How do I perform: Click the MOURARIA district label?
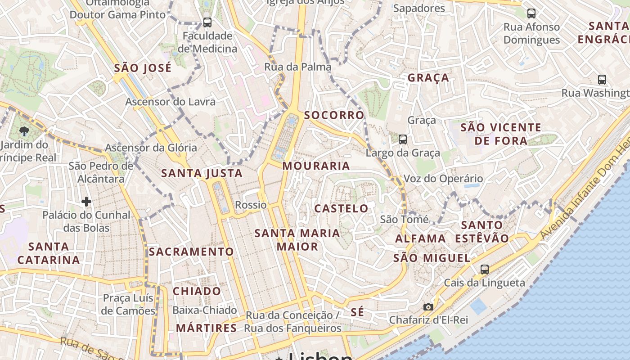click(316, 166)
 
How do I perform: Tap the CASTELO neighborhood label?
click(341, 209)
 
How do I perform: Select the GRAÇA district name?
click(428, 78)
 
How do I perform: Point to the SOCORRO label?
click(334, 115)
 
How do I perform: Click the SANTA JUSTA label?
click(202, 173)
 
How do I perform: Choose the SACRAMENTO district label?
click(191, 252)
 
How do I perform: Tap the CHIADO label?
click(197, 291)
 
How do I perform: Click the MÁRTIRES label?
click(206, 328)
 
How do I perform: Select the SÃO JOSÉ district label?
click(143, 68)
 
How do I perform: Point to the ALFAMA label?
click(421, 239)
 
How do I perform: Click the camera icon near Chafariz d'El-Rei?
click(428, 307)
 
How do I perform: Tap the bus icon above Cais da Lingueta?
click(484, 270)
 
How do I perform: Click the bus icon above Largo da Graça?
click(402, 139)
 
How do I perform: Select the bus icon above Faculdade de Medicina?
click(207, 22)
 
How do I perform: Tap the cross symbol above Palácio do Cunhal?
click(86, 202)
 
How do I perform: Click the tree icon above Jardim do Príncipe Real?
click(24, 131)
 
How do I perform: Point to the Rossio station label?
click(251, 205)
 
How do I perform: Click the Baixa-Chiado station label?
click(205, 310)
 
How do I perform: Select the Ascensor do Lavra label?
click(170, 102)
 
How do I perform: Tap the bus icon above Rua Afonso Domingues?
click(531, 13)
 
